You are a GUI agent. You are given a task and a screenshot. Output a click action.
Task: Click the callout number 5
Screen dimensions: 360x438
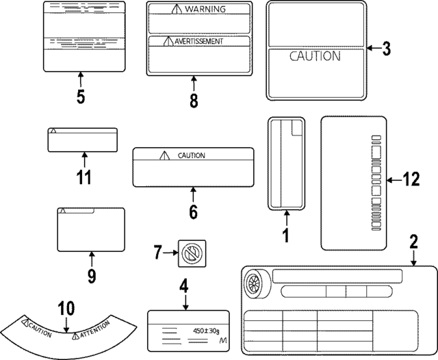coord(80,97)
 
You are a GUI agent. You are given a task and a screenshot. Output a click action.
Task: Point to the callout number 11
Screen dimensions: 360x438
coord(83,177)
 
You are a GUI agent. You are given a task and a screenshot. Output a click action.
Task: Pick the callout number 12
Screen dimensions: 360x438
coord(410,180)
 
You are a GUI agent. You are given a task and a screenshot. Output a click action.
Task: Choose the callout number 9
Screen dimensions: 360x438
coord(92,275)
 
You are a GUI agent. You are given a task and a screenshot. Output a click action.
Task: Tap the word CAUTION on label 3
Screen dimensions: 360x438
coord(315,57)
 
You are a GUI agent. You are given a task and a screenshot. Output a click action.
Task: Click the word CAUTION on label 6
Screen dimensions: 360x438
coord(191,156)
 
